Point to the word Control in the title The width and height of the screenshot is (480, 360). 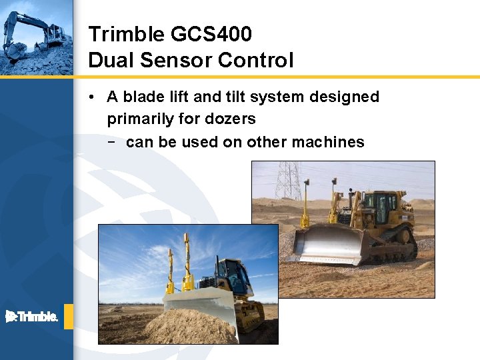(x=255, y=61)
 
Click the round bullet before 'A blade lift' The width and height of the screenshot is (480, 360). (x=91, y=97)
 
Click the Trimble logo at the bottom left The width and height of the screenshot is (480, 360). (x=31, y=317)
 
